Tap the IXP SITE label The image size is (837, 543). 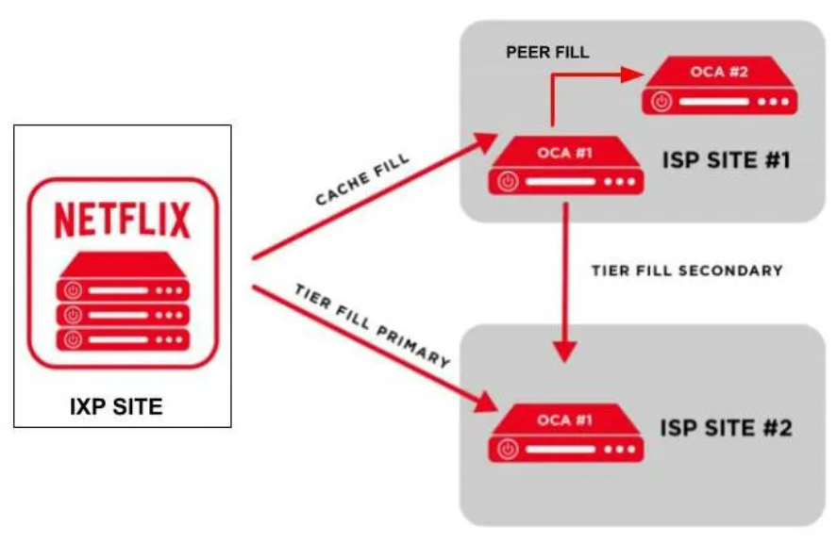(116, 407)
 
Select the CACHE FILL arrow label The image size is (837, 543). (362, 181)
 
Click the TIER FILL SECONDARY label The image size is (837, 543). (687, 271)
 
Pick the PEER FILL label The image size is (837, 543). (547, 53)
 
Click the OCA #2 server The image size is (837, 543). (719, 86)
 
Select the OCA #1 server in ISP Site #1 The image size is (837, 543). (566, 166)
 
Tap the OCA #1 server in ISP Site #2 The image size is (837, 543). (566, 433)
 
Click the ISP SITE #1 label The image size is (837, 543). (725, 160)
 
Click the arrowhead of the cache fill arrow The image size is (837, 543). (487, 140)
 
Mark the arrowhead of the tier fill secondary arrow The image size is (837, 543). (564, 352)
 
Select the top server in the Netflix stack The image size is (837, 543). (122, 288)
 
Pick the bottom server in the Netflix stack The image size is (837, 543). (122, 338)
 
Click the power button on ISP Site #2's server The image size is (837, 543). (510, 449)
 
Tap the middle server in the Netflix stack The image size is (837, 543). (122, 313)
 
